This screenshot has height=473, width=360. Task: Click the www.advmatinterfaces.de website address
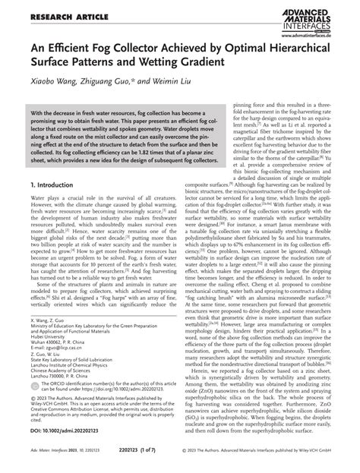319,33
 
